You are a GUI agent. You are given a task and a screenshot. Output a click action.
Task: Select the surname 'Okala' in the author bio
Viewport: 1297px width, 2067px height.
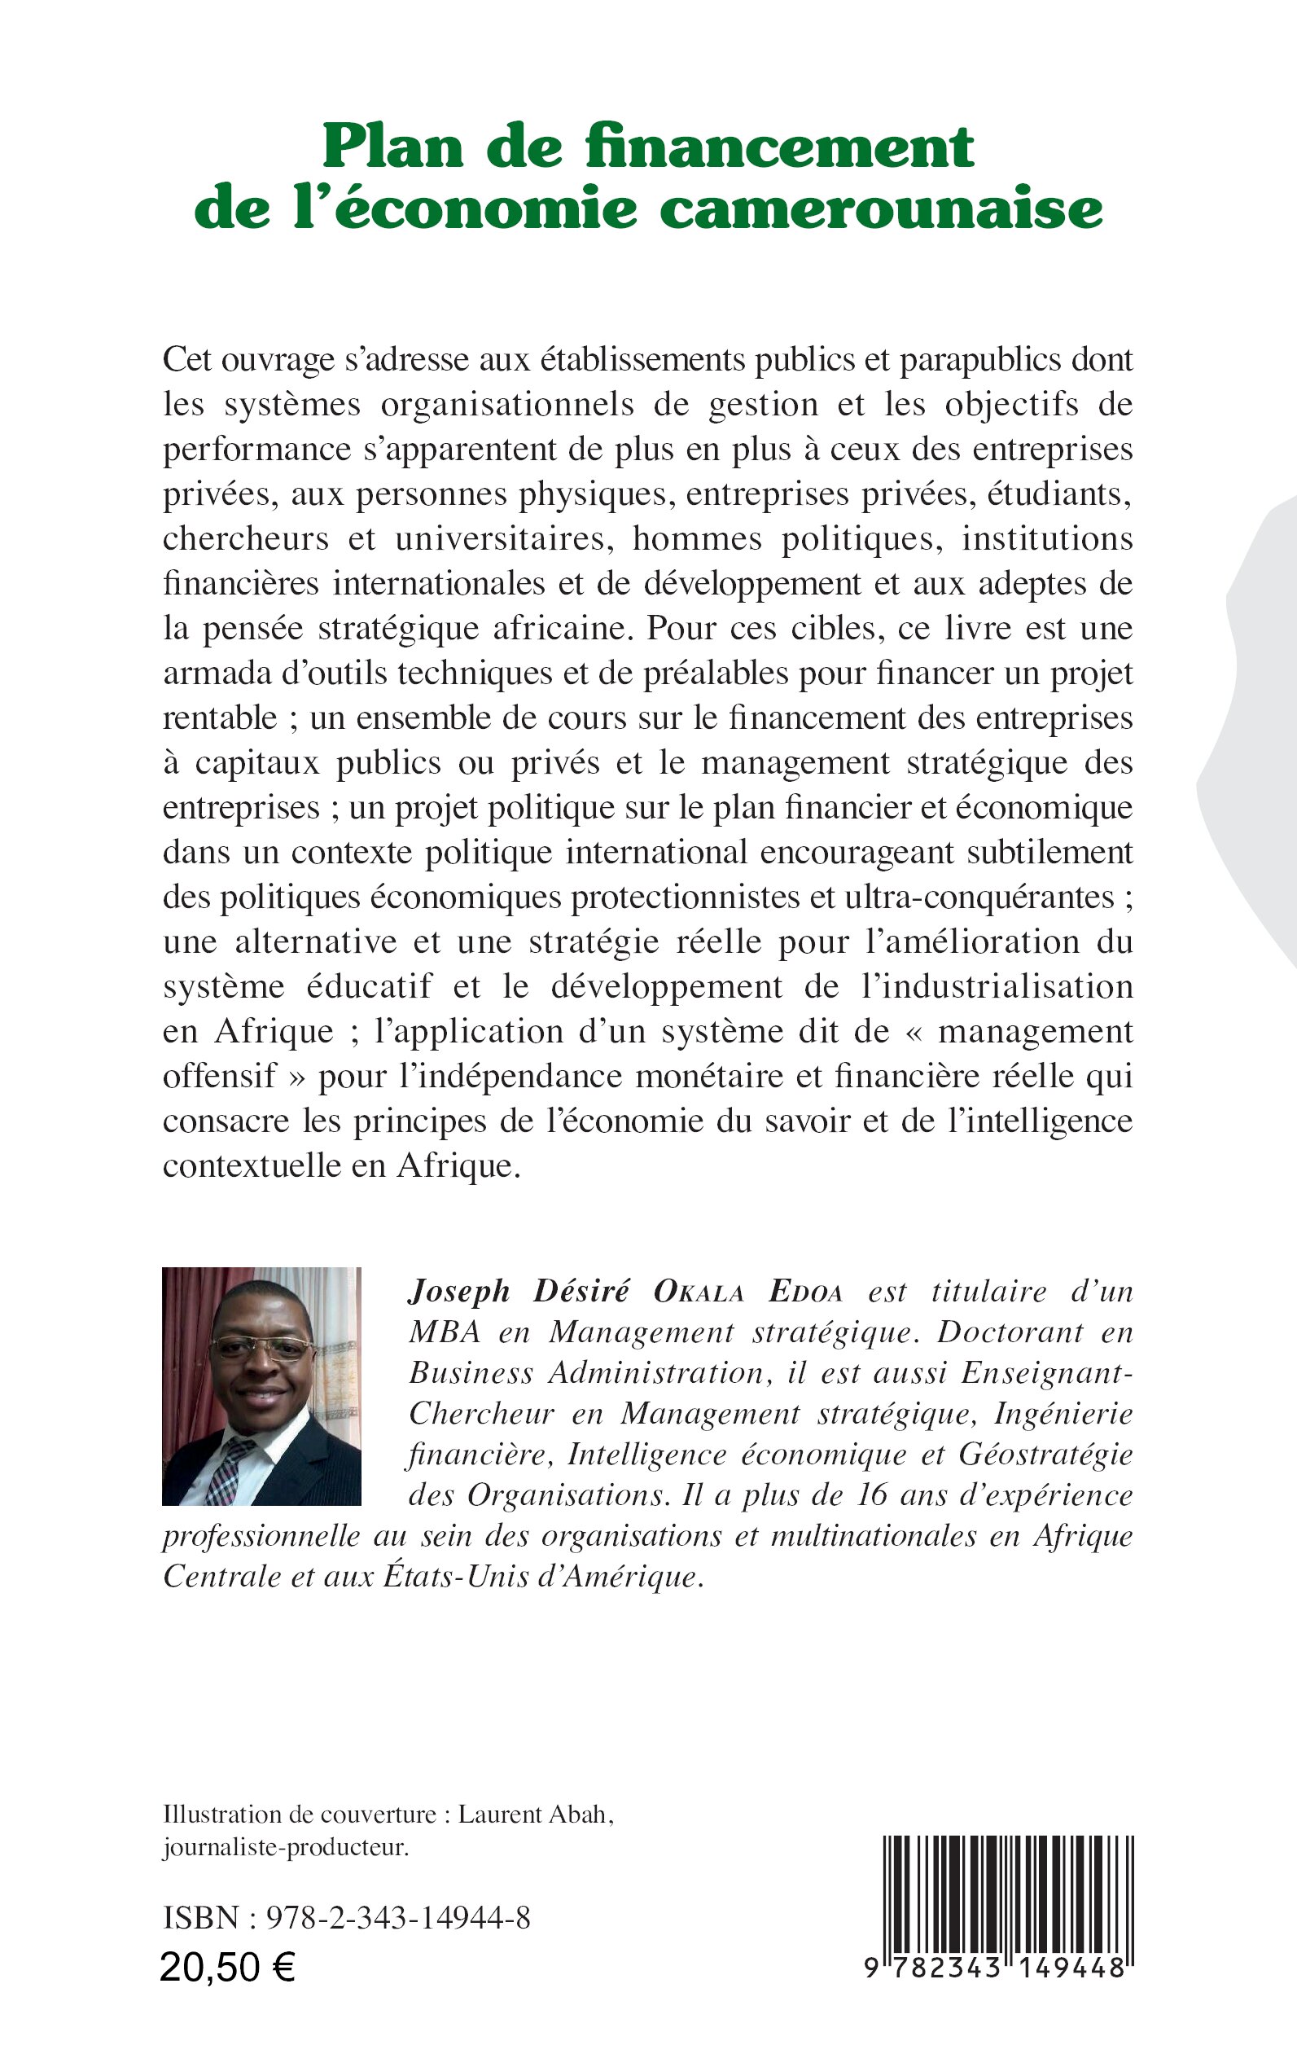(699, 1292)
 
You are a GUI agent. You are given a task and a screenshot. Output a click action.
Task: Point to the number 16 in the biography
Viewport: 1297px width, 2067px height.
(871, 1494)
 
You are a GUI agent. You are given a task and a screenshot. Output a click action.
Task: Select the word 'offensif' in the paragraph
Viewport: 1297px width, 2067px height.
(220, 1076)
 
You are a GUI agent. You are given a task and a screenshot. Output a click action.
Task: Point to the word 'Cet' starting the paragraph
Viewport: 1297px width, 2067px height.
(187, 359)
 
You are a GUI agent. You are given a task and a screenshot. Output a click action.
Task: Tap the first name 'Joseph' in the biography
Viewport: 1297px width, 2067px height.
(459, 1292)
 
